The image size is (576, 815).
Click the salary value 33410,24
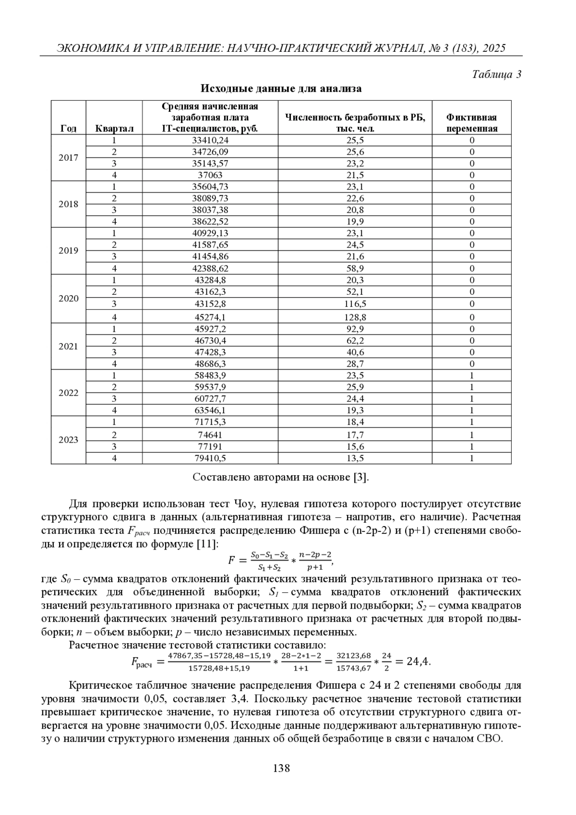[210, 140]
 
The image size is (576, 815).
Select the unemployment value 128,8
[355, 317]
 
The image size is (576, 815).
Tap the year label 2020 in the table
[69, 299]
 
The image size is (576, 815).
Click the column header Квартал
[114, 129]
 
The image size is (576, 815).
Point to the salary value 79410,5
[210, 458]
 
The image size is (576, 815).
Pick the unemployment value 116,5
[355, 304]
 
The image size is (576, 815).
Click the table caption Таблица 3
[497, 74]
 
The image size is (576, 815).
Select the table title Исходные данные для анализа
[281, 89]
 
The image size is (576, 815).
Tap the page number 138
[281, 768]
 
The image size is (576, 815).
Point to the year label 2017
[69, 158]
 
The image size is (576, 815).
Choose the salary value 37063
[210, 175]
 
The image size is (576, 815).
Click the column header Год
[69, 129]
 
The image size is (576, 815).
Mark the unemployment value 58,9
[355, 268]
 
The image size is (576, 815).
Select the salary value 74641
[210, 435]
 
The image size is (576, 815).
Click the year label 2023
[69, 440]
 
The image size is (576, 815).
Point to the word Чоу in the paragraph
[244, 504]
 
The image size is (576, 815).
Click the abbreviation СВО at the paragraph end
[489, 738]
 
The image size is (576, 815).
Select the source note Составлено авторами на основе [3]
[281, 478]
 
